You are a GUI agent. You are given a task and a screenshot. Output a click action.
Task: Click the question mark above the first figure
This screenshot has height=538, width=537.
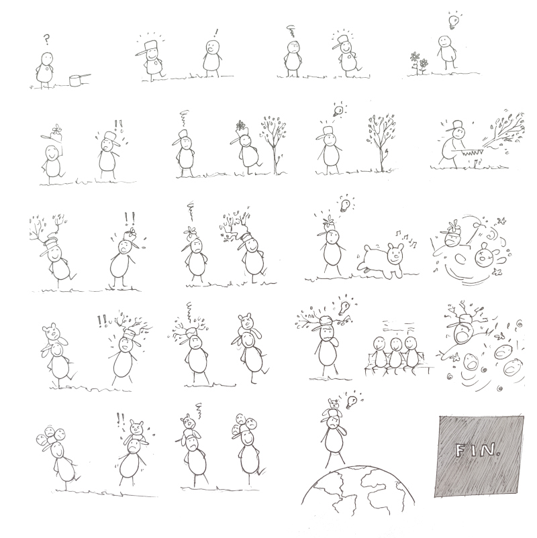(x=46, y=40)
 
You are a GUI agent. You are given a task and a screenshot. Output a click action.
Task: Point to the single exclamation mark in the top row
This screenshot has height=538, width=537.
(x=215, y=34)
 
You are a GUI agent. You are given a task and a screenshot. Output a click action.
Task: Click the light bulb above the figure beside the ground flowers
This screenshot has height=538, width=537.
(x=453, y=21)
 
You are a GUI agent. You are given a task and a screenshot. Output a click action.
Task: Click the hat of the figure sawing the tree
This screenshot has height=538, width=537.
(x=456, y=125)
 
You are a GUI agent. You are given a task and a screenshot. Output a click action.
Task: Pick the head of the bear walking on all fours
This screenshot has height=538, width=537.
(x=395, y=253)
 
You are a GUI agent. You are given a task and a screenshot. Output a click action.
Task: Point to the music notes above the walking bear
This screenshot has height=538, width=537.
(x=406, y=237)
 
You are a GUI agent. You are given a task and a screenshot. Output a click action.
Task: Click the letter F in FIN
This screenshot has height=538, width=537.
(x=460, y=451)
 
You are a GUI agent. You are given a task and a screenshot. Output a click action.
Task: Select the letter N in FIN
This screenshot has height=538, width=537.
(x=486, y=450)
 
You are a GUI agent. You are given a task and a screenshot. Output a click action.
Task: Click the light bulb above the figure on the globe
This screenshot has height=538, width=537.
(x=351, y=401)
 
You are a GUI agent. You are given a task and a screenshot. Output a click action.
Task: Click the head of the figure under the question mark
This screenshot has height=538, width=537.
(x=47, y=58)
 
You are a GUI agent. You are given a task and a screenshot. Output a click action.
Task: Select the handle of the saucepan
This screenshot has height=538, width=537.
(x=86, y=76)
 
